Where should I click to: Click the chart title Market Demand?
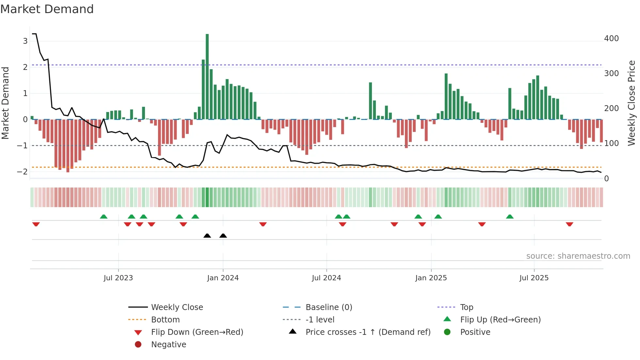47,9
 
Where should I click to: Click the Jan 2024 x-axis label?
223,278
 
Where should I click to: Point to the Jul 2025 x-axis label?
534,278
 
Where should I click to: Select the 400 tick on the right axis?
611,39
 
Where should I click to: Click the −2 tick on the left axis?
23,172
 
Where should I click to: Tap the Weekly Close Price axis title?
632,103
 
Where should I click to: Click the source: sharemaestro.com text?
578,256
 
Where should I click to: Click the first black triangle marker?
207,236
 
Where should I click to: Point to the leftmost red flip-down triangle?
36,224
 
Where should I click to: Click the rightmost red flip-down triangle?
569,224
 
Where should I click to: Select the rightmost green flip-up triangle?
510,217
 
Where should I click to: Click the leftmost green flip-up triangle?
104,217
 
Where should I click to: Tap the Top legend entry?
466,307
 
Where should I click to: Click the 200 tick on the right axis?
611,108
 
